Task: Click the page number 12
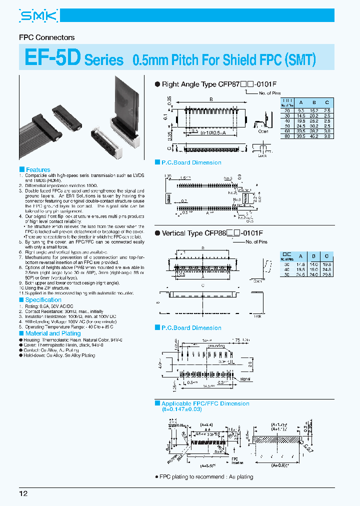pos(23,494)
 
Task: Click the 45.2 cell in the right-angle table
pos(313,135)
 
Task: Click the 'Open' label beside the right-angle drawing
pos(263,132)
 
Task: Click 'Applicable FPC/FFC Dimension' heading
pos(205,403)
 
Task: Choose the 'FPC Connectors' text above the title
pos(46,37)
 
